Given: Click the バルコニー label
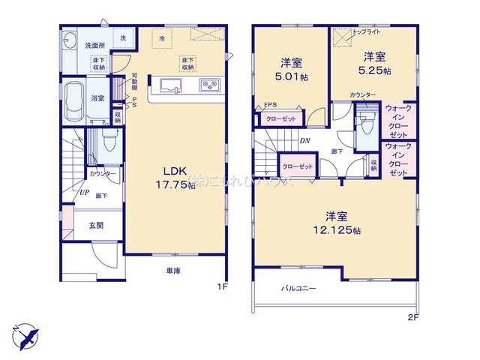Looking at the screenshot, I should coord(298,288).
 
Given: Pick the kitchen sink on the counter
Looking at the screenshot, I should coord(168,84).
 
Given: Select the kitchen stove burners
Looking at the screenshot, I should coord(208,85).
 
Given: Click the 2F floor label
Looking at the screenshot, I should coord(412,317).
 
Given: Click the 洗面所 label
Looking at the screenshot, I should coord(94,46).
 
